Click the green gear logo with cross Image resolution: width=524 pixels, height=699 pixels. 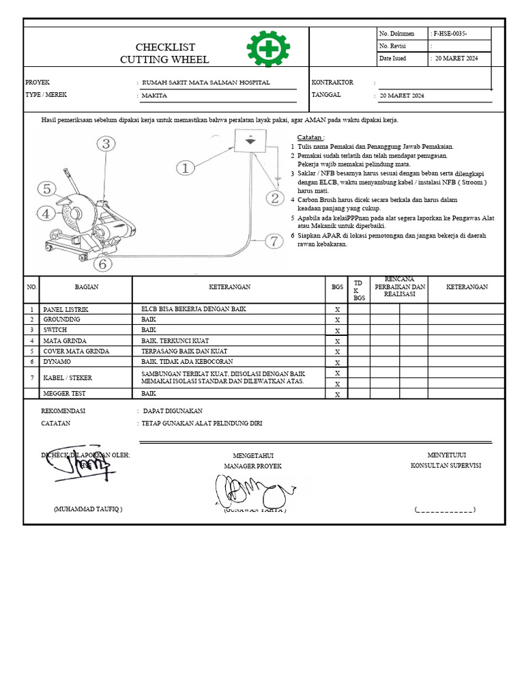(268, 51)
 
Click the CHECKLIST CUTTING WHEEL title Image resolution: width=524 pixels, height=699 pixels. (165, 53)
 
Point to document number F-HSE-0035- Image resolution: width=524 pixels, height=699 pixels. (450, 33)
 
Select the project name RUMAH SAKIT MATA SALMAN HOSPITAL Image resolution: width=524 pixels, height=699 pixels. (205, 83)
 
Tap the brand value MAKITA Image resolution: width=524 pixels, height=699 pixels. (154, 96)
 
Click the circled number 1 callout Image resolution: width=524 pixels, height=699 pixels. (186, 167)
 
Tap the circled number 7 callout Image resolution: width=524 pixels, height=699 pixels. (274, 240)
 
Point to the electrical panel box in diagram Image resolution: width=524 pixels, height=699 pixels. (250, 141)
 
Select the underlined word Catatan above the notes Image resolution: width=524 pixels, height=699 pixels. (310, 138)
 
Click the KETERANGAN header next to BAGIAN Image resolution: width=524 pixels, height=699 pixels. (229, 287)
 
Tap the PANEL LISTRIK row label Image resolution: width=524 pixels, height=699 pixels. (65, 309)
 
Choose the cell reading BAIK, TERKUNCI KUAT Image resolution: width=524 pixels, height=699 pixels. (175, 341)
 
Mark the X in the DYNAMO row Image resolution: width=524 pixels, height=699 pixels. (337, 362)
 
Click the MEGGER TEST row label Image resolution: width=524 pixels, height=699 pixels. (65, 394)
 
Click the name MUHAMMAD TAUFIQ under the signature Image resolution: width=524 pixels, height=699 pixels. (87, 509)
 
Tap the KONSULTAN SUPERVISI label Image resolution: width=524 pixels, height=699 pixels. (446, 466)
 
